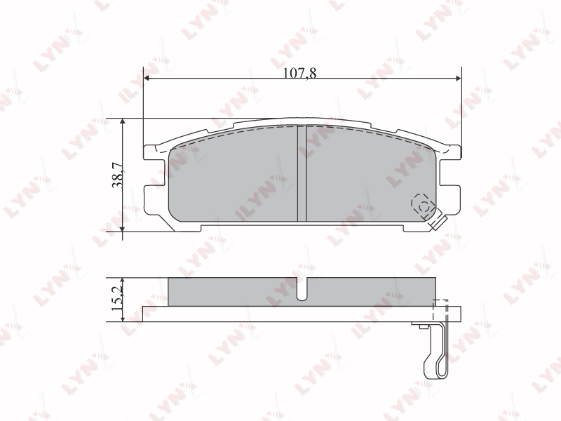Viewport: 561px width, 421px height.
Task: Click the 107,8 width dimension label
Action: pos(300,73)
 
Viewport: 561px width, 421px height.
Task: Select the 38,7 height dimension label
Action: pos(118,175)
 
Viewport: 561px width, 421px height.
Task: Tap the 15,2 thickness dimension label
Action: pos(117,299)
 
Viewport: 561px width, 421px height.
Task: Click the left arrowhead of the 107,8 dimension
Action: pos(146,78)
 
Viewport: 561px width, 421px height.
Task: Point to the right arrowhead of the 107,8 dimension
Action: pos(459,78)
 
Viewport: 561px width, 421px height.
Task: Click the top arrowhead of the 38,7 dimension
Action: pos(123,121)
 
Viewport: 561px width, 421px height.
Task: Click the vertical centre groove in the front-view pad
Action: pos(302,173)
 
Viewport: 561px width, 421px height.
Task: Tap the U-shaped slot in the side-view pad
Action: pos(302,289)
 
